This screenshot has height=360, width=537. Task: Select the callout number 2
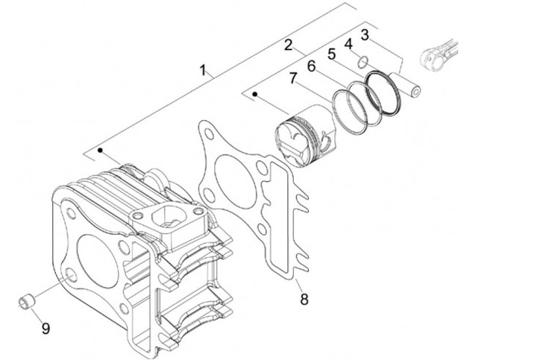coord(288,45)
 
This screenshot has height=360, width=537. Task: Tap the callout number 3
coord(365,34)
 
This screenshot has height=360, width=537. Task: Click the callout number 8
coord(304,300)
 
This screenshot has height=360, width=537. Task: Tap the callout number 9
coord(45,326)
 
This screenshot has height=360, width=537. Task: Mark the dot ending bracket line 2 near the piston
coord(256,95)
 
